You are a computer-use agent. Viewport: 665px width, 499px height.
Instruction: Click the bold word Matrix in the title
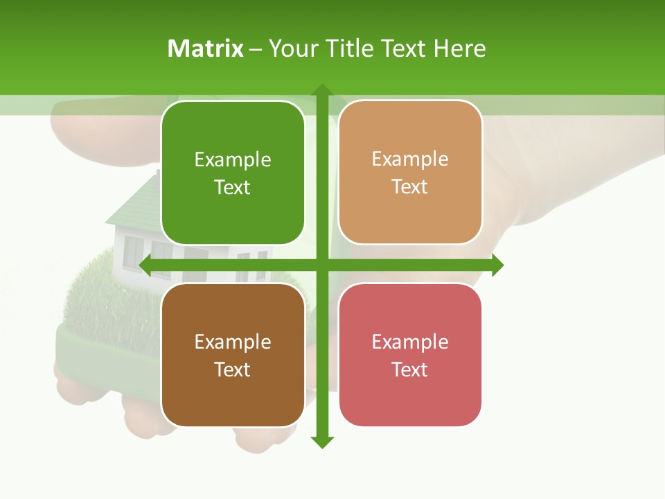[x=206, y=49]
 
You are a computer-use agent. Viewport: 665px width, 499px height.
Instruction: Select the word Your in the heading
[x=290, y=49]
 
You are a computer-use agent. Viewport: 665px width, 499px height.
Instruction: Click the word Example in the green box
[x=233, y=160]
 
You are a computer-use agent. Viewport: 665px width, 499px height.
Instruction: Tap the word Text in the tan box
[x=410, y=187]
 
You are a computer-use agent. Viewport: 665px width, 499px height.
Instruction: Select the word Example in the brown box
[x=233, y=342]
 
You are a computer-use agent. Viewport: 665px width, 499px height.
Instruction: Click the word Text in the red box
[x=410, y=369]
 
